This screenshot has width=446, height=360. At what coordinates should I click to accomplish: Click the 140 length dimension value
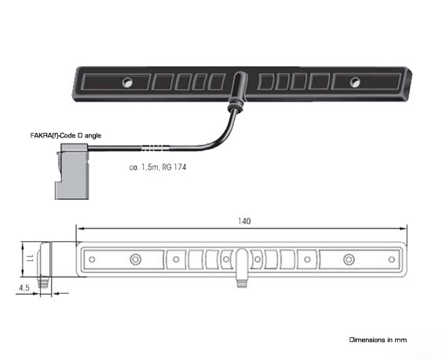(244, 222)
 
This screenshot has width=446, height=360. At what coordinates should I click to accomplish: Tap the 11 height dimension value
(31, 259)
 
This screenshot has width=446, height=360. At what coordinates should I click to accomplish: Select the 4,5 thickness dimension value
(24, 288)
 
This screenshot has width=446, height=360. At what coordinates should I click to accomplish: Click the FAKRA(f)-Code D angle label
(66, 135)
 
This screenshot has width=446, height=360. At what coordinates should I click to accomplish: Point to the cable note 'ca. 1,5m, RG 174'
(158, 167)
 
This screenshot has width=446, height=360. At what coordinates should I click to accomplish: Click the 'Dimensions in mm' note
(378, 340)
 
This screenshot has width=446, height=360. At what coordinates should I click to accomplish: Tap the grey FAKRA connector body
(72, 171)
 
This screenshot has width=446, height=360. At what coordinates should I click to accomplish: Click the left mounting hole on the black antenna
(127, 83)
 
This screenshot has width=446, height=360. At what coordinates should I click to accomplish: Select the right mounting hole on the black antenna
(355, 83)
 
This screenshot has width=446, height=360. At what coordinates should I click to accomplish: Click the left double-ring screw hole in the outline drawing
(135, 259)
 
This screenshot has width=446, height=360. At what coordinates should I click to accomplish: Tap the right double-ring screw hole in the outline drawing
(349, 259)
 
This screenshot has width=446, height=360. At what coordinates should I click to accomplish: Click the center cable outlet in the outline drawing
(242, 267)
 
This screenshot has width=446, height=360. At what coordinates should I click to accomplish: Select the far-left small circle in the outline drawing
(92, 259)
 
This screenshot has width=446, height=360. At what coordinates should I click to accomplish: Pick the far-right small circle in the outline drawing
(392, 259)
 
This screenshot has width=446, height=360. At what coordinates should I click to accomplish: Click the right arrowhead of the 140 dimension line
(404, 228)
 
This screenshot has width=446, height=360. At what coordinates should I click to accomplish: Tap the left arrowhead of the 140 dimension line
(80, 228)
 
